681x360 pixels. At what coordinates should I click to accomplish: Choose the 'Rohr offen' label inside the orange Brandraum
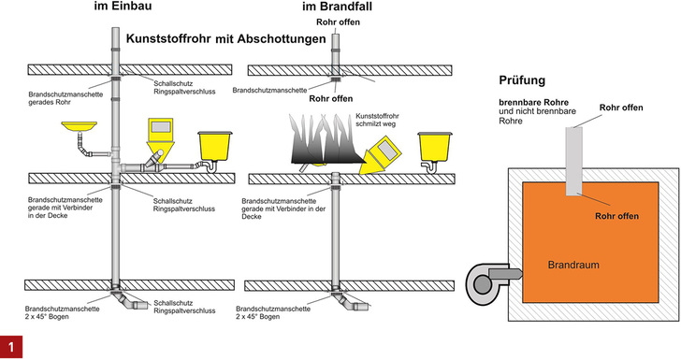coord(617,216)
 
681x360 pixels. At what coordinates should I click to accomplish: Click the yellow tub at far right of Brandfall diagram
coord(435,145)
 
